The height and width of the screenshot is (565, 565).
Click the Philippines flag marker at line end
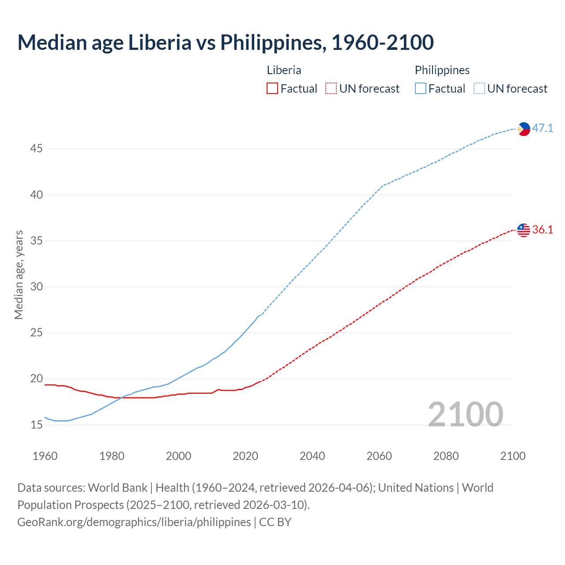524,129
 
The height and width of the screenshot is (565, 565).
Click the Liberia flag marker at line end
524,230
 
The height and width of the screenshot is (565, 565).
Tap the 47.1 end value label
542,128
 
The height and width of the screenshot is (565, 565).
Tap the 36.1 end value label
542,230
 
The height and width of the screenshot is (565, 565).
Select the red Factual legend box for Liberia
272,89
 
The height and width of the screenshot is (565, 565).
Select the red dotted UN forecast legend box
331,89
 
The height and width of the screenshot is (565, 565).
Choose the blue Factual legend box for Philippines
420,89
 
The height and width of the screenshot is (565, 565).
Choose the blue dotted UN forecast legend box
479,89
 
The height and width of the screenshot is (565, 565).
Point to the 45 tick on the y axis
36,149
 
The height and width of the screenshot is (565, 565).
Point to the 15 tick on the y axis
36,425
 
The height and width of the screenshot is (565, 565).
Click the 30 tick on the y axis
36,287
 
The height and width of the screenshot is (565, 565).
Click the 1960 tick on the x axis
45,456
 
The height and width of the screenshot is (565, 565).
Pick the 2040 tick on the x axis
312,456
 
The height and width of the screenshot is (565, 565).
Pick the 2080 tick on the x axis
446,456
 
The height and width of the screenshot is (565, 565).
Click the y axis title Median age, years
19,275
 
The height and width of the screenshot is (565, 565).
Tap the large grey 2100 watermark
465,414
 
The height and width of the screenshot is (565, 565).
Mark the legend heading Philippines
442,70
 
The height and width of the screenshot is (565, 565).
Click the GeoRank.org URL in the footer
134,522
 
